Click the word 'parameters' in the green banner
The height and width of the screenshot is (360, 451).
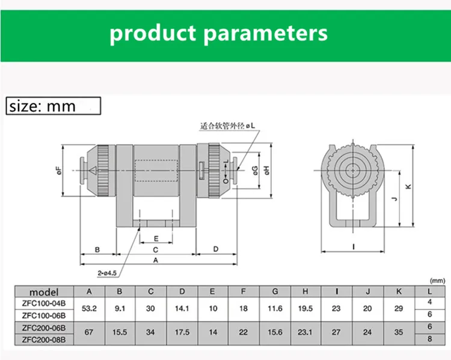pos(265,34)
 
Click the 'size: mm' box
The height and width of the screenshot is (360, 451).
pos(54,106)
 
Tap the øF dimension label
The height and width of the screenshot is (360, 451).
pos(59,171)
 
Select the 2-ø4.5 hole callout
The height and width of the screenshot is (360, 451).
pos(107,273)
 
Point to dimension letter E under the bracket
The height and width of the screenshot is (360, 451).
pos(156,239)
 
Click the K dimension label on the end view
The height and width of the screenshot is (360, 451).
pos(408,186)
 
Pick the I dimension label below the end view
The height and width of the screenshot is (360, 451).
pos(354,246)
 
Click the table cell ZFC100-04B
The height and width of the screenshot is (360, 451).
pos(44,303)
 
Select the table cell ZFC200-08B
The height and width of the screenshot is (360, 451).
pos(44,340)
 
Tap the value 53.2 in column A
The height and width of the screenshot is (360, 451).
pos(89,308)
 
